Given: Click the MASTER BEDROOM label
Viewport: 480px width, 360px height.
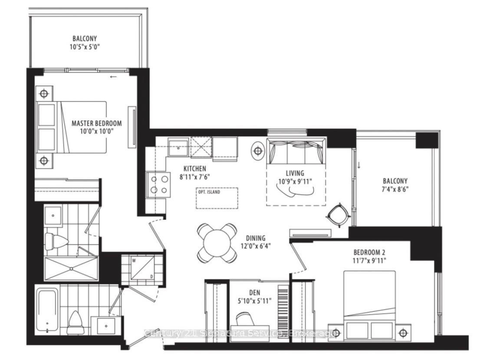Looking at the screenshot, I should coord(96,123).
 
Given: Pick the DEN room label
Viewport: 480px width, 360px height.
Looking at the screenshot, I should coord(255,293).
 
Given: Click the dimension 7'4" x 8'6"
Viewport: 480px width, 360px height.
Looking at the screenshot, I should coord(395,189).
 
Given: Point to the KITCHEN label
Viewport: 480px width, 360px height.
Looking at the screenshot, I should coord(194,168).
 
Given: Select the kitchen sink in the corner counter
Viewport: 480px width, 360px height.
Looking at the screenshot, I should coord(178,147).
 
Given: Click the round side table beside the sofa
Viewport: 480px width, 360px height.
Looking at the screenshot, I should coord(258,151).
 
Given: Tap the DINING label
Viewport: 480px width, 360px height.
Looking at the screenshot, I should coord(255,238).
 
